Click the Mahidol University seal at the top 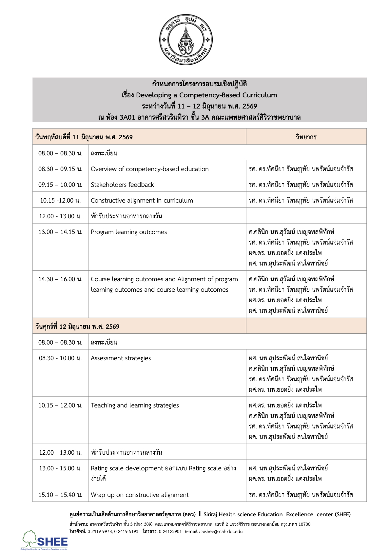click(x=185, y=40)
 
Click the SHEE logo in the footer click(x=45, y=540)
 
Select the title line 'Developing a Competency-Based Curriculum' click(x=199, y=95)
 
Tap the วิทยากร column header click(x=306, y=137)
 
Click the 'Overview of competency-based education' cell click(x=149, y=169)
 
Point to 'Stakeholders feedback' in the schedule click(x=122, y=185)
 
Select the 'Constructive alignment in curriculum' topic click(x=142, y=200)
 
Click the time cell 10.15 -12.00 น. click(x=60, y=200)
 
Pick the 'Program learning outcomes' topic click(x=128, y=232)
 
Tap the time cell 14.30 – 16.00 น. click(x=60, y=279)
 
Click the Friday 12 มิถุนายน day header click(x=77, y=326)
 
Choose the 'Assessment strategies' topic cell click(x=121, y=358)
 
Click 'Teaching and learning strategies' click(x=135, y=405)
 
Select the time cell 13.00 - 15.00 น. click(x=60, y=468)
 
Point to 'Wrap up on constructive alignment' click(x=140, y=495)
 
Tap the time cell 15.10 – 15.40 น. click(x=60, y=495)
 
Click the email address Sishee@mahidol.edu click(x=222, y=531)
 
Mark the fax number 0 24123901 click(x=170, y=531)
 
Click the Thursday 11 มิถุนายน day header click(x=84, y=137)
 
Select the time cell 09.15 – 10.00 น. click(x=60, y=185)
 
